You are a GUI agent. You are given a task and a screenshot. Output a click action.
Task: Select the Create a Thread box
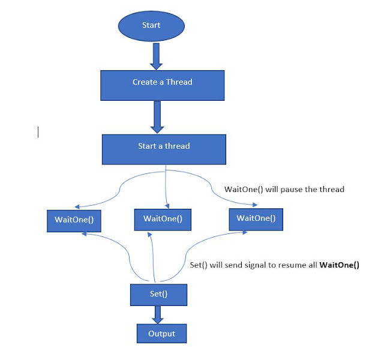coord(162,82)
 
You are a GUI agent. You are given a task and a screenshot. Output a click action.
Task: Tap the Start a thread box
coord(164,147)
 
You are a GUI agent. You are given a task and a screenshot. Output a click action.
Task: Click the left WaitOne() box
coord(74,220)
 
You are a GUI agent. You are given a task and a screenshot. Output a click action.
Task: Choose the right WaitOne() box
coord(256,218)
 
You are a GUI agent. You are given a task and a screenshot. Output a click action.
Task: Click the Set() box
coord(159,294)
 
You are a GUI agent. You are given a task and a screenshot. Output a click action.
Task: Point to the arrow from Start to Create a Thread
coord(155,56)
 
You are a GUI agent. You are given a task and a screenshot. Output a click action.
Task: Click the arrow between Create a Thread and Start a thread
coord(157,117)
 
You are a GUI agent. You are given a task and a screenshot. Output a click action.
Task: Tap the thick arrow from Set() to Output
coord(158,314)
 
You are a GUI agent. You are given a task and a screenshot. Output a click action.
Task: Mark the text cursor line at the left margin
coord(38,131)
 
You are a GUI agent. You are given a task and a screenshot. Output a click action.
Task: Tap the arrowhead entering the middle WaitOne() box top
coord(166,206)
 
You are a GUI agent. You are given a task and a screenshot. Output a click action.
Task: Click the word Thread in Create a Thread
coord(179,82)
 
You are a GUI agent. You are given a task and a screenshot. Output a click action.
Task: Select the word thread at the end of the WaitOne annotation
coord(332,190)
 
